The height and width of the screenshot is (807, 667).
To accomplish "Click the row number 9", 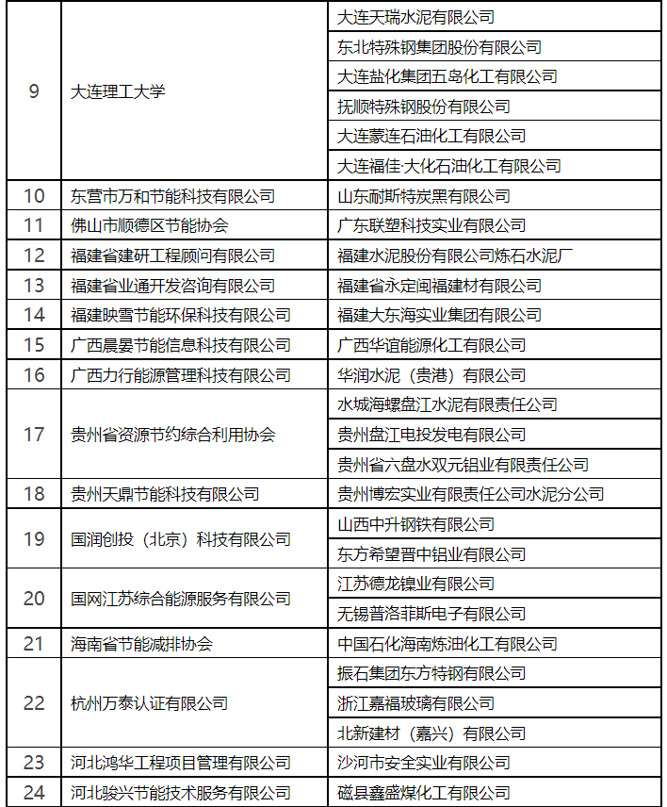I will [34, 91].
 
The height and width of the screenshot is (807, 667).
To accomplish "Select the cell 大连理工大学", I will [118, 91].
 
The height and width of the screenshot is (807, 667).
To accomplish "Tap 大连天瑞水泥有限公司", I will [415, 17].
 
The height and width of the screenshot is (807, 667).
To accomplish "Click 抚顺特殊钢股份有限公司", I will [424, 107].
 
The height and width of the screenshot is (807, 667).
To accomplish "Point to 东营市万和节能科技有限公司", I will [173, 196].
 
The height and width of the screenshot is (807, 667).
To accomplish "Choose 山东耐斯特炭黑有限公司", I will [424, 196].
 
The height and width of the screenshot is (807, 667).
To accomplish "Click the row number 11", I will [34, 225].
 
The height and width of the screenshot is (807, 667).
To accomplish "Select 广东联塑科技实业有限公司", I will [431, 225].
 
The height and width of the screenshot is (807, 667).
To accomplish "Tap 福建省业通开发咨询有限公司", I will [173, 286].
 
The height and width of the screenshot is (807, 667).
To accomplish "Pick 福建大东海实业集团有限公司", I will [439, 315].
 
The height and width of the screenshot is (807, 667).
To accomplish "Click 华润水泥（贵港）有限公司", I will [431, 375].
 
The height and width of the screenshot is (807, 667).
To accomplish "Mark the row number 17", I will [34, 435].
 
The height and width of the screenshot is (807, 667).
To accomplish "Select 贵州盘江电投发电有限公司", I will [431, 435].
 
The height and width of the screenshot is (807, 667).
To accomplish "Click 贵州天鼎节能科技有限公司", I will [165, 494].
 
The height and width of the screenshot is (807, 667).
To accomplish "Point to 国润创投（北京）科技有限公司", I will [181, 539].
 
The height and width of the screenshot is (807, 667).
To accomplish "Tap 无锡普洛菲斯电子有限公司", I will [431, 614].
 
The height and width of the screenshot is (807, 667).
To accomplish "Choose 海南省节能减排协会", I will [141, 644].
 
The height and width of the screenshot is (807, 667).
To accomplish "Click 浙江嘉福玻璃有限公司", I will [415, 703].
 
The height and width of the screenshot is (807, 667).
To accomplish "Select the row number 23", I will [34, 763].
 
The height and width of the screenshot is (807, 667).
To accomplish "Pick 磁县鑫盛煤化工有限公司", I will [424, 793].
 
